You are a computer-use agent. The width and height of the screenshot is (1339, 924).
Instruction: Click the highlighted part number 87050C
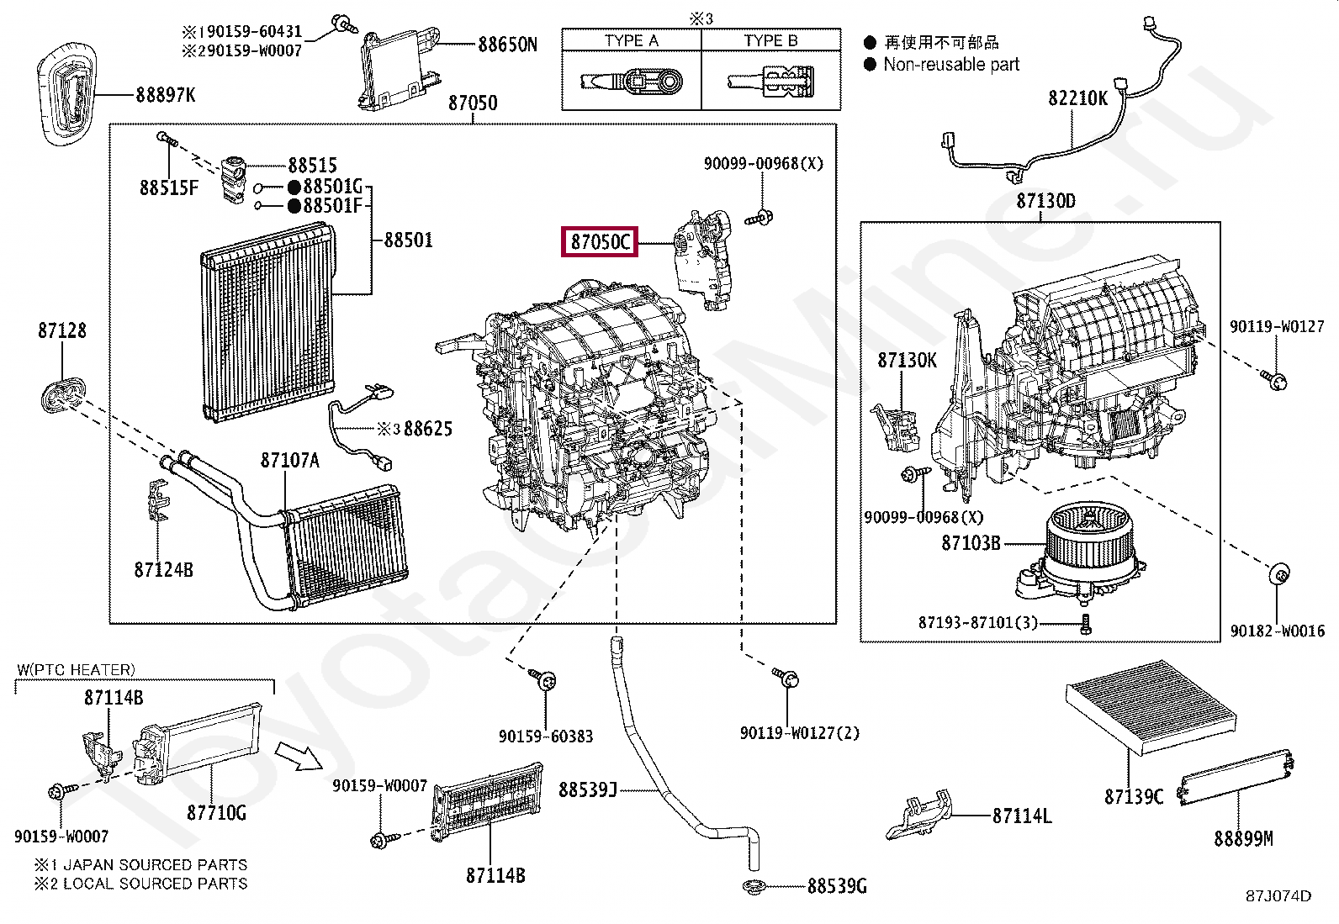600,241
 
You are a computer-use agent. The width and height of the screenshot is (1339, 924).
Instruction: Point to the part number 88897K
166,94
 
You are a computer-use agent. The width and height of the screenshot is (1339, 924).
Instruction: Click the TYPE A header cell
632,40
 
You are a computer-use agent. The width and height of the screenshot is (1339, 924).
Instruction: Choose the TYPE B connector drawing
771,82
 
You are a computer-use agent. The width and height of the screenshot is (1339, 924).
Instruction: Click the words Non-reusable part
951,65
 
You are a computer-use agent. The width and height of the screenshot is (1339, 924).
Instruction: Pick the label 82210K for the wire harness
1077,98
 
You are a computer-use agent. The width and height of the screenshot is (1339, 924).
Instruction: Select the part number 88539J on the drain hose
588,789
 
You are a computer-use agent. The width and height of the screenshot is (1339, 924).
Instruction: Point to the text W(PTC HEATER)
76,669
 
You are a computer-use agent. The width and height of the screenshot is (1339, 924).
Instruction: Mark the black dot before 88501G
294,187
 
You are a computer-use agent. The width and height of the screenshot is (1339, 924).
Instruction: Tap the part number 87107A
290,460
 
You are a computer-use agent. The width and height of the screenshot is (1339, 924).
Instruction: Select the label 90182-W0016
1277,631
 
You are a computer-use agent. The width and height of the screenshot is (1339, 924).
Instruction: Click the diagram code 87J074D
1278,895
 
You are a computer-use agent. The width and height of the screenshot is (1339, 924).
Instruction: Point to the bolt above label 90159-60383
542,679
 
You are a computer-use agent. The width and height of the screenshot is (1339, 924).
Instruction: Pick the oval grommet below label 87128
62,394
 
